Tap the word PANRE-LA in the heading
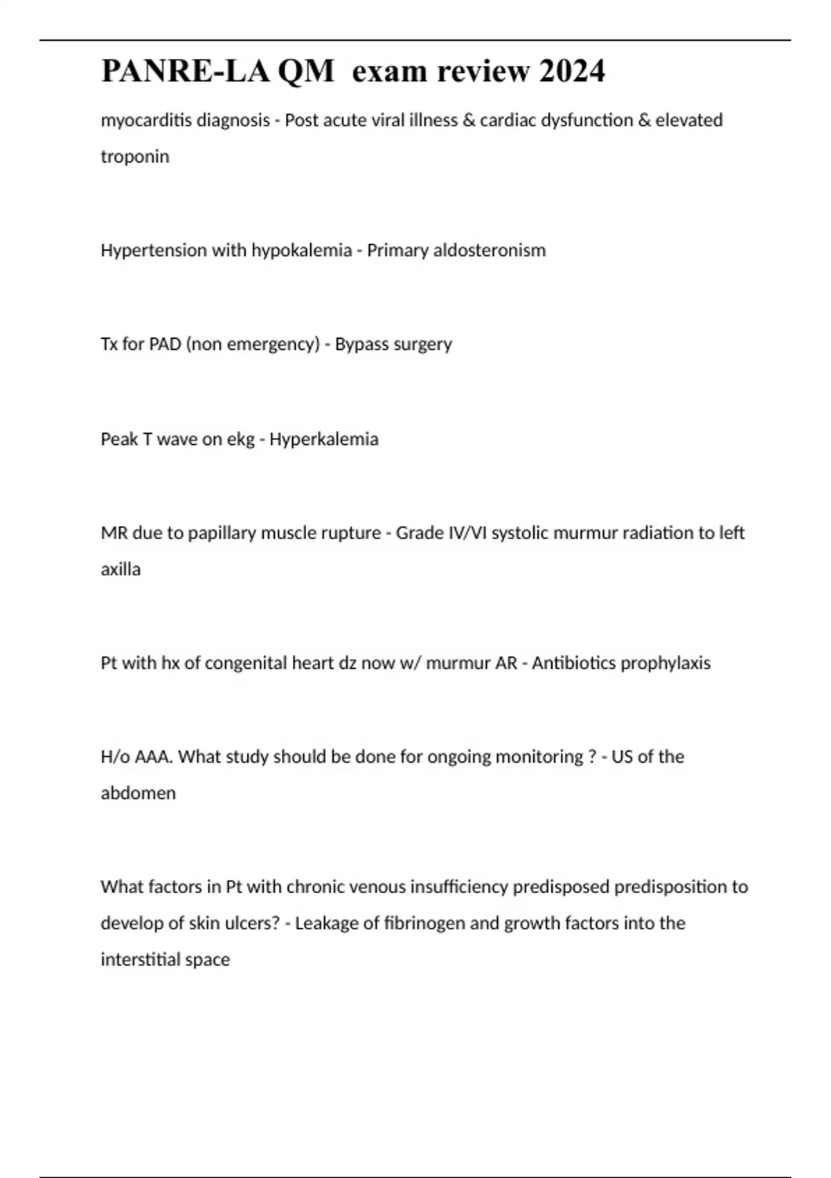point(185,71)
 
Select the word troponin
point(135,157)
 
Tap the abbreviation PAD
point(166,344)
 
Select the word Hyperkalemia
point(323,439)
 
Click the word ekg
point(240,439)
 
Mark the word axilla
point(120,570)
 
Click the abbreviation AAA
point(153,757)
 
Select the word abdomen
point(138,793)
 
